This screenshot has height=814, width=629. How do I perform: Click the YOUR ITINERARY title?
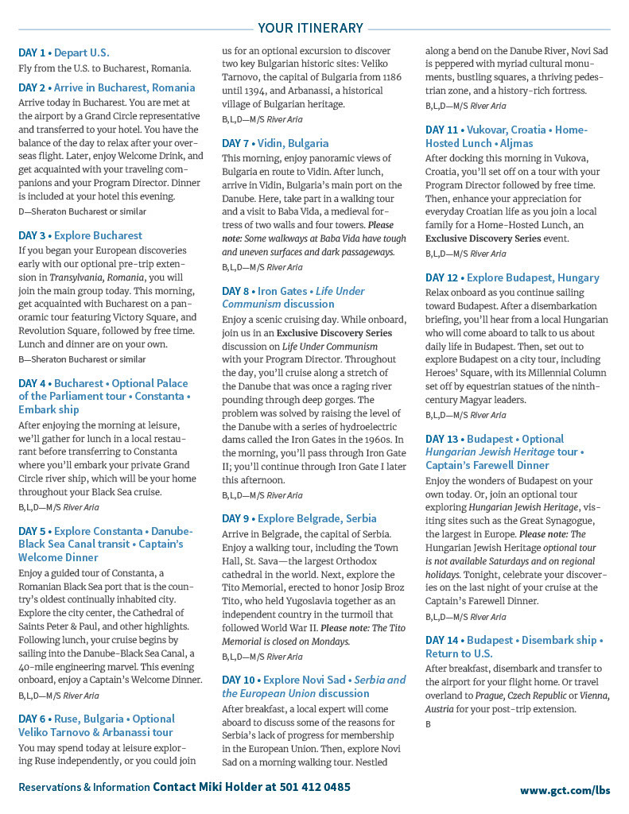click(310, 29)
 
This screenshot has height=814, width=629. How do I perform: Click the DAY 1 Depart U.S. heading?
click(64, 53)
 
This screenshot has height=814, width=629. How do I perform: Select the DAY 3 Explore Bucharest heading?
click(80, 235)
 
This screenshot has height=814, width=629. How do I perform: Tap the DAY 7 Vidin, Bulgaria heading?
click(275, 144)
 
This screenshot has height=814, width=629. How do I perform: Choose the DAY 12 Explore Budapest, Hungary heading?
click(512, 277)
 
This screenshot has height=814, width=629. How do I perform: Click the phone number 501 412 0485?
click(315, 787)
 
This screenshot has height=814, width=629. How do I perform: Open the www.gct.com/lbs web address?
click(565, 790)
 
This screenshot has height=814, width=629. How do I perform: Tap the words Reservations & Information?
click(84, 788)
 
